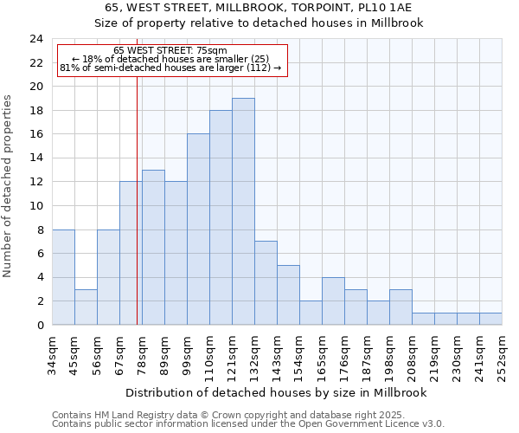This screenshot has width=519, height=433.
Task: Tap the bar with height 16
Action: [198, 229]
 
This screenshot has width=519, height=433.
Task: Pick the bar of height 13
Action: [153, 248]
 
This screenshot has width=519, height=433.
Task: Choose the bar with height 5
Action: [288, 295]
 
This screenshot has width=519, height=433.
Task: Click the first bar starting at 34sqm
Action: [63, 277]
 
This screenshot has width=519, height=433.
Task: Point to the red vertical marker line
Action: [137, 216]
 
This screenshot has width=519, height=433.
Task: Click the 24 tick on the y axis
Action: [35, 39]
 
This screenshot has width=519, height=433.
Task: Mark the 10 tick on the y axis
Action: [35, 206]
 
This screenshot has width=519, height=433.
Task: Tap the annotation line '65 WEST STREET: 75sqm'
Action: [170, 51]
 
